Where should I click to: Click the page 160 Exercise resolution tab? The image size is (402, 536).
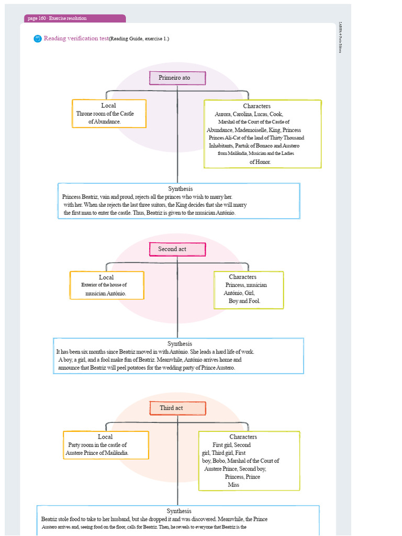pos(74,18)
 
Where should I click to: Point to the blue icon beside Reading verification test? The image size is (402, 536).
pos(37,39)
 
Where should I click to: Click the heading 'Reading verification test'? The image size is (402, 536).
pos(76,38)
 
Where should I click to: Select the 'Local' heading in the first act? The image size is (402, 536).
pos(108,106)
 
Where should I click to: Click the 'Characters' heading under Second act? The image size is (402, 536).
pos(242,277)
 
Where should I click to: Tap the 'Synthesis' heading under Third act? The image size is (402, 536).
pos(179,511)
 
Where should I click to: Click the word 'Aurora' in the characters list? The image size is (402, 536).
pos(224,114)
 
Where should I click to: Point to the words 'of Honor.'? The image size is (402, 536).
pos(260,162)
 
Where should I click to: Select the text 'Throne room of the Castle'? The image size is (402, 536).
pos(105,114)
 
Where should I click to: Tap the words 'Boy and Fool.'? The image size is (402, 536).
pos(244,301)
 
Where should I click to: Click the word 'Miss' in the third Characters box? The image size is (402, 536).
pos(233,485)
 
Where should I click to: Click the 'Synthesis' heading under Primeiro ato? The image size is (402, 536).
pos(180,188)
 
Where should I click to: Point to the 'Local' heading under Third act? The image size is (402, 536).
pos(105,437)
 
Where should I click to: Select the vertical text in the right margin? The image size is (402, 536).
pos(341,37)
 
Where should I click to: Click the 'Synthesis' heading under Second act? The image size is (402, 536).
pos(180,344)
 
